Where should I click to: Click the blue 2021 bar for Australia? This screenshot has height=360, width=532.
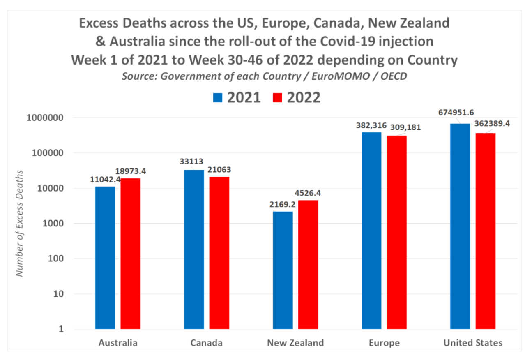click(105, 258)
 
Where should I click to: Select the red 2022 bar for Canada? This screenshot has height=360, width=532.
click(219, 253)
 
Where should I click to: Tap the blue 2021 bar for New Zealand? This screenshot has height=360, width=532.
click(283, 270)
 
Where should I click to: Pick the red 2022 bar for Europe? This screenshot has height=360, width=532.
click(397, 232)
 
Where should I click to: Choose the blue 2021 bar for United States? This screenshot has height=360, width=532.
click(460, 226)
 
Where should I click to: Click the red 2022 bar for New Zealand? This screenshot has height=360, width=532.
click(308, 264)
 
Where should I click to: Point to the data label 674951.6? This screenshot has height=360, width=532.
click(456, 112)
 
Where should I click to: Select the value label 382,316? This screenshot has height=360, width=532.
click(369, 124)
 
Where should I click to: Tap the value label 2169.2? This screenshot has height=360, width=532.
click(283, 204)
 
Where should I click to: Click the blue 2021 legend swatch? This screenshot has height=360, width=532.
click(218, 98)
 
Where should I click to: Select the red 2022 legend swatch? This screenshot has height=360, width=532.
click(277, 98)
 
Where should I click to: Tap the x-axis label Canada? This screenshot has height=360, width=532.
click(207, 343)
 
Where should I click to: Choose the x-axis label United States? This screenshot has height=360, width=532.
click(473, 343)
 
